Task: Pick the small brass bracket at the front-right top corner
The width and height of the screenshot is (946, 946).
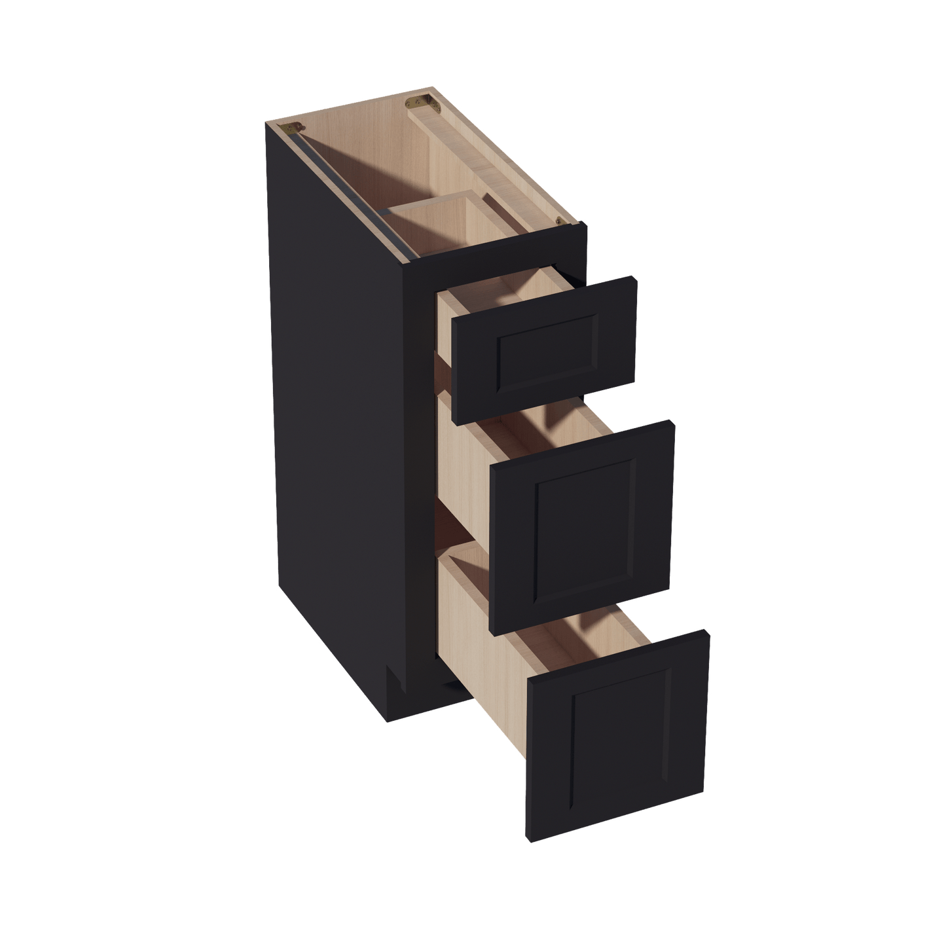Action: [558, 221]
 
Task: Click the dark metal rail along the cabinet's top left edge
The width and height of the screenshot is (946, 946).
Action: [347, 190]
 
